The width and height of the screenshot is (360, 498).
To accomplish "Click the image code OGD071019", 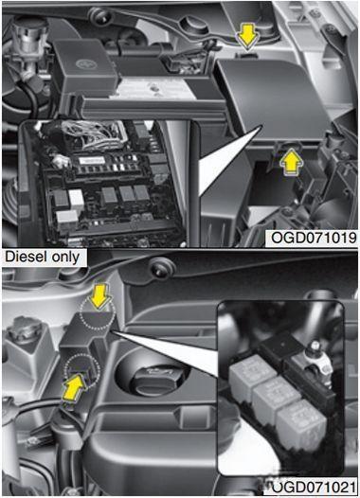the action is [314, 238].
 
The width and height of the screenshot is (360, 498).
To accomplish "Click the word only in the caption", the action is [65, 257].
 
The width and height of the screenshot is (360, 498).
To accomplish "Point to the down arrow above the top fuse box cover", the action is [247, 38].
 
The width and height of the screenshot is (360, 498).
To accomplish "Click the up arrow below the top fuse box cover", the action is [290, 161].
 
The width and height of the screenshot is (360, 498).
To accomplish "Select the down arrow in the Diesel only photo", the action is [100, 295].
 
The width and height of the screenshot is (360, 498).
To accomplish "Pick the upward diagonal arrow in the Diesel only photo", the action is [74, 386].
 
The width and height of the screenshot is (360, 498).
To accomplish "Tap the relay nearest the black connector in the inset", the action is [251, 375].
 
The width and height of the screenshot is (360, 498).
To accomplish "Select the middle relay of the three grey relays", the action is [275, 397].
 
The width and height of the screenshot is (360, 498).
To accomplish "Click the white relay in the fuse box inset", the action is [76, 198].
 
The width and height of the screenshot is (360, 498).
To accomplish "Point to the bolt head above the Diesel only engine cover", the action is [159, 269].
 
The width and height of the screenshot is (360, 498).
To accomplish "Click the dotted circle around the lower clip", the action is [81, 371].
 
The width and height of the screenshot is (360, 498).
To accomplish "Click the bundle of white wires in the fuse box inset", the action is [99, 135].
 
